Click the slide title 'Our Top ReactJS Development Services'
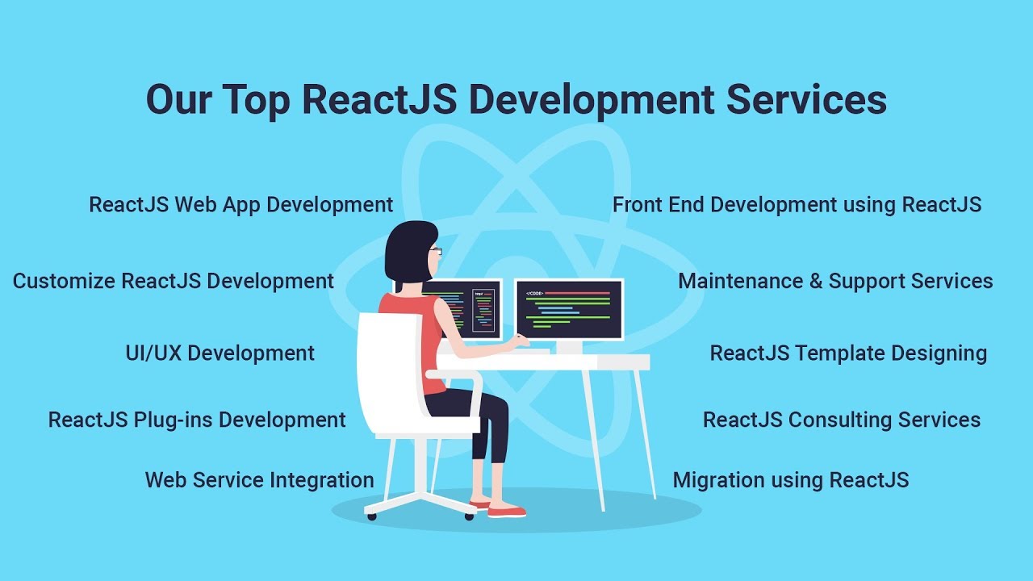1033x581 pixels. point(516,100)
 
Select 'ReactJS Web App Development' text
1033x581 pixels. point(241,205)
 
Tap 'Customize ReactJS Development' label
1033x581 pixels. point(174,282)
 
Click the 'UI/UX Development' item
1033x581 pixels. point(220,353)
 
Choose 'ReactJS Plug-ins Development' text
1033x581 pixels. point(197,420)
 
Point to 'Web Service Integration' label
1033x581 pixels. point(259,480)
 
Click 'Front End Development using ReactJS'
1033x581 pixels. point(797,205)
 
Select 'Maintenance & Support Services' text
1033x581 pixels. point(835,282)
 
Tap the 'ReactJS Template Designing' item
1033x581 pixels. point(848,353)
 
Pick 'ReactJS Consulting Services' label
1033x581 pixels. point(842,420)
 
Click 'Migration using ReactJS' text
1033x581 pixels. point(791,480)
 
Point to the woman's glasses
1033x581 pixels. point(436,251)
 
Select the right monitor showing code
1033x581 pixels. point(569,309)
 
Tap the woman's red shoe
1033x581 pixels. point(507,511)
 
